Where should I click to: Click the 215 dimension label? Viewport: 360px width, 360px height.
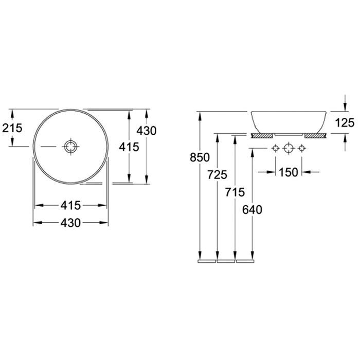click(12, 128)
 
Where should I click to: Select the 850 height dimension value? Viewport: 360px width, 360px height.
click(200, 157)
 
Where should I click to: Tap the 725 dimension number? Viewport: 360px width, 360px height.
click(217, 174)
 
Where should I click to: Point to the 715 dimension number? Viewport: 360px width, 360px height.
click(235, 192)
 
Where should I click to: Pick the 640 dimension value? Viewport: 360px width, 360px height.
click(252, 210)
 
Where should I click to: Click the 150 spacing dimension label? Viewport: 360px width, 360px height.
click(289, 172)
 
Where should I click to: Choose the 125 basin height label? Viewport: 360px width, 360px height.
click(345, 123)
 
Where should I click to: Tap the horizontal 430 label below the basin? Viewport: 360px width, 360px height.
click(71, 223)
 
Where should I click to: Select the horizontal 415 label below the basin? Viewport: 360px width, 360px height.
click(71, 205)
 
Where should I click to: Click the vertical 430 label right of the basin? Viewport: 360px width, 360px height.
click(147, 131)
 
